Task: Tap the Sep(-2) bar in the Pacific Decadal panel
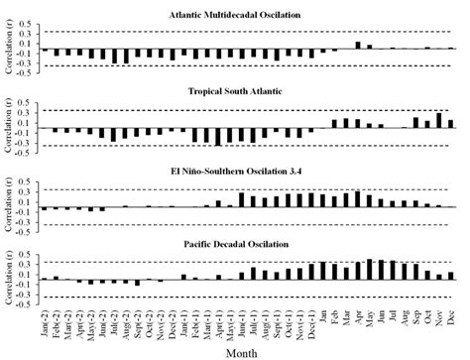point(137,284)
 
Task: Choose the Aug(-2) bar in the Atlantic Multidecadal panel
point(126,56)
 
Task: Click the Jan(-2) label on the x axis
point(46,315)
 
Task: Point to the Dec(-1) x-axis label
point(310,315)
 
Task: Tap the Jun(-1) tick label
point(241,315)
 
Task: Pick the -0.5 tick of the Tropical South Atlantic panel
point(29,157)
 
